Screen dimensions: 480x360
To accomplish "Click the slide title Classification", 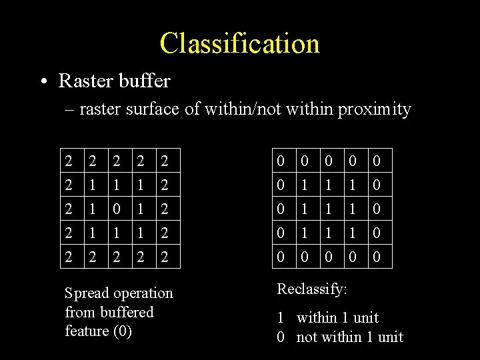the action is (240, 44).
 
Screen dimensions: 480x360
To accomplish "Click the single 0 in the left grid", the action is (117, 209).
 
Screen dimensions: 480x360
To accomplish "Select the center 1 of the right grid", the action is (329, 209).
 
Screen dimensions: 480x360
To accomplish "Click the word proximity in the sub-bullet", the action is (375, 109).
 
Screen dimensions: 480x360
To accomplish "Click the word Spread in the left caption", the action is (87, 293).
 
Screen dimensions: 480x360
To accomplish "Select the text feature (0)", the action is (98, 331).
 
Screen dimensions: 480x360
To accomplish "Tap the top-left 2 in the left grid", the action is (69, 161).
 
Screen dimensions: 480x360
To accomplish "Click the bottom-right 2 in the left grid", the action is (164, 257).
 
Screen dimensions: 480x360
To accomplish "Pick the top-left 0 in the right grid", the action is (281, 161).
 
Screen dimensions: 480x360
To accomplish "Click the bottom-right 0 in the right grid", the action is (377, 257).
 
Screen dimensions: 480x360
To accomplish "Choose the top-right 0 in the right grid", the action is (377, 161).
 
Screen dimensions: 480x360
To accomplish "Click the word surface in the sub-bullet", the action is (153, 109).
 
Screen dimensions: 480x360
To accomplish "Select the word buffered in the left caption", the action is (127, 312).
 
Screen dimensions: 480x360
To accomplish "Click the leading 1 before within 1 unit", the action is (281, 318).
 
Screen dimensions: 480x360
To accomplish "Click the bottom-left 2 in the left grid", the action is (69, 257).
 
